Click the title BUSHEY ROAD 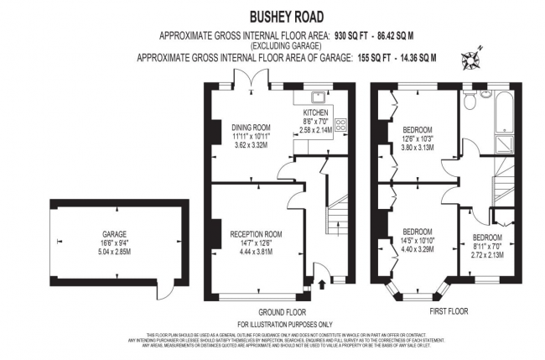[x=284, y=16]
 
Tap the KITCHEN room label [x=314, y=112]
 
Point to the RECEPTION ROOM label [x=256, y=233]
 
